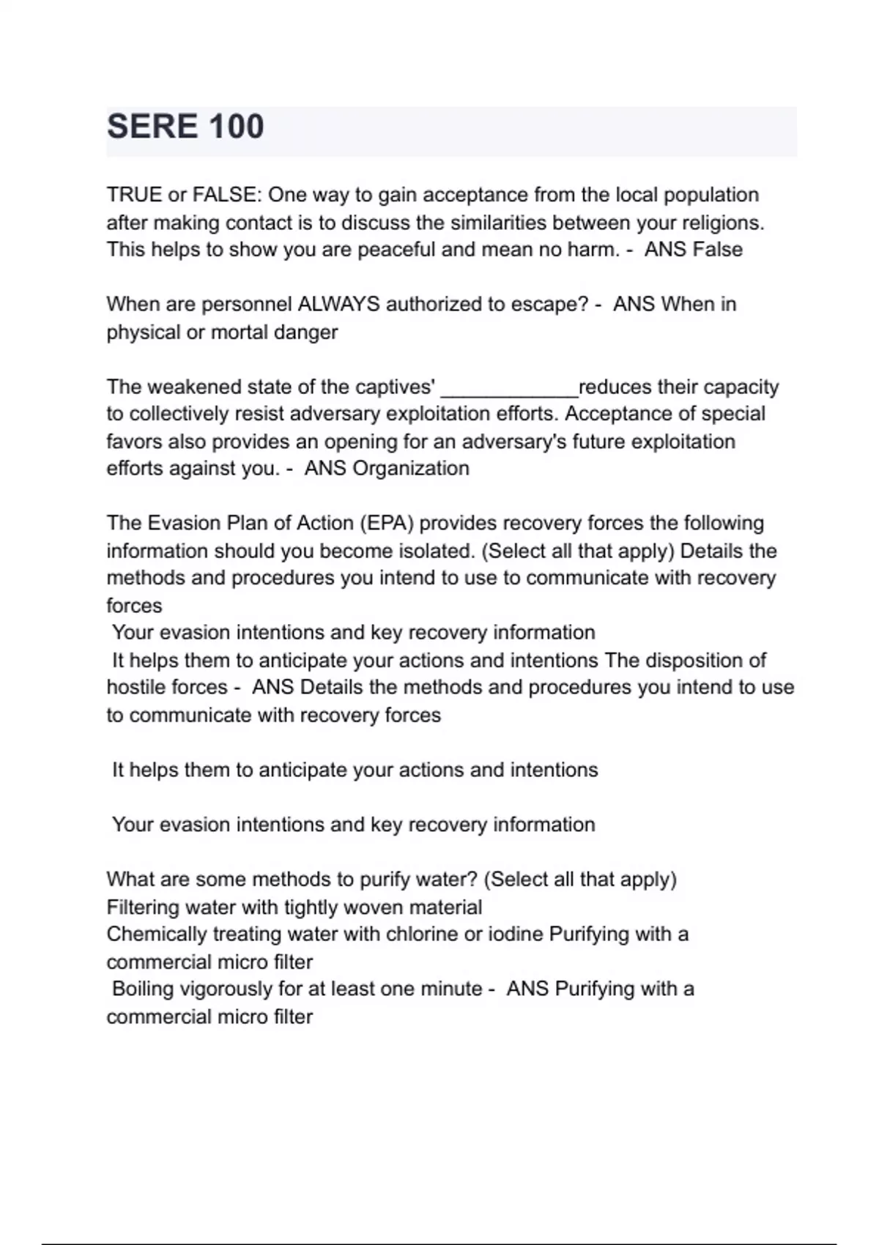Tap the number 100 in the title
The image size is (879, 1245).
pos(236,127)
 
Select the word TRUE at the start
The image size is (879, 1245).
pos(133,195)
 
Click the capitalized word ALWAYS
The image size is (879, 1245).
pos(338,304)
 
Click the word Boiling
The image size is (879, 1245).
pos(144,989)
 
